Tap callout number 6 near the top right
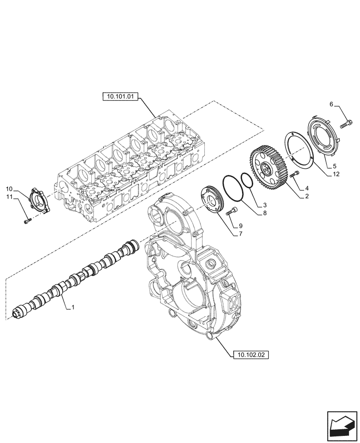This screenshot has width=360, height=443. pyautogui.click(x=331, y=104)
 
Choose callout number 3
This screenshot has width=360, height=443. pyautogui.click(x=265, y=205)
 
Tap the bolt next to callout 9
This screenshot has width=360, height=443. pyautogui.click(x=232, y=212)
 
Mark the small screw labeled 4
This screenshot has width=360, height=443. pyautogui.click(x=294, y=175)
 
